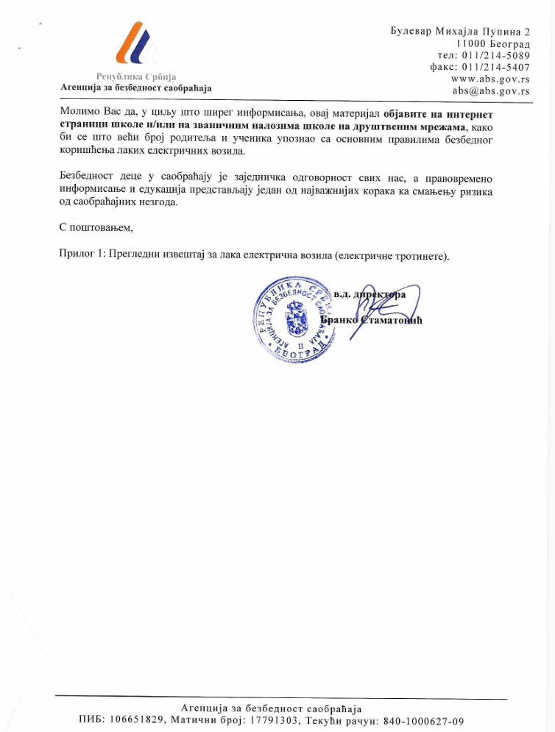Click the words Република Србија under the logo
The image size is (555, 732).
[x=136, y=77]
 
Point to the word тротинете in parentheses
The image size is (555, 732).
[x=420, y=255]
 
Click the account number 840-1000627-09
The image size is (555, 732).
[x=424, y=721]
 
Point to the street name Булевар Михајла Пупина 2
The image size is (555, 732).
[x=460, y=32]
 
